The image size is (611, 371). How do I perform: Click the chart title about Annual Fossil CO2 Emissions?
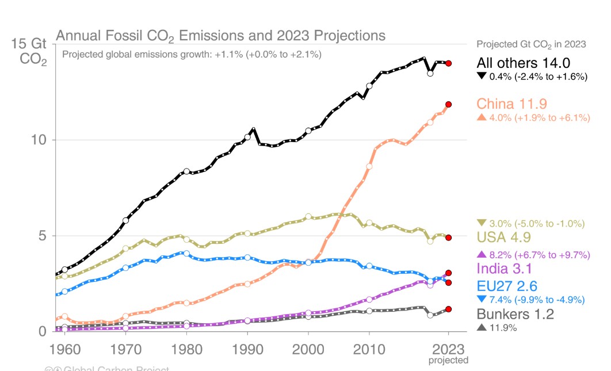point(220,36)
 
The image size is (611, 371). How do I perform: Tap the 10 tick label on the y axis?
point(37,140)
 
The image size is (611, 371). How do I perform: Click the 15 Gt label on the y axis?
point(29,44)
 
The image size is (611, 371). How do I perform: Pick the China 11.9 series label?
point(511,104)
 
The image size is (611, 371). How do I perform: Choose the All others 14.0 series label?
point(523,63)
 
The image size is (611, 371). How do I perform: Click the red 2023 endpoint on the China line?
point(448,104)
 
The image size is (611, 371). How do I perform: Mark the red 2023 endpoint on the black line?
point(448,63)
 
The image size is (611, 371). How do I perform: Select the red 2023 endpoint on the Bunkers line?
point(448,309)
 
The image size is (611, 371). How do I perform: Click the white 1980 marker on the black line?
point(186,171)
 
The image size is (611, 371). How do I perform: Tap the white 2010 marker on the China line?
point(369,166)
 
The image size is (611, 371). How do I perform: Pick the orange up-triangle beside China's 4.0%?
point(481,118)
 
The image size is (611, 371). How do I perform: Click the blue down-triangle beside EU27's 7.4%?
point(481,299)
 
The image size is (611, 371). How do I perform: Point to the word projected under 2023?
point(448,360)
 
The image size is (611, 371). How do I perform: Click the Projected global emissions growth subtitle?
point(191,55)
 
